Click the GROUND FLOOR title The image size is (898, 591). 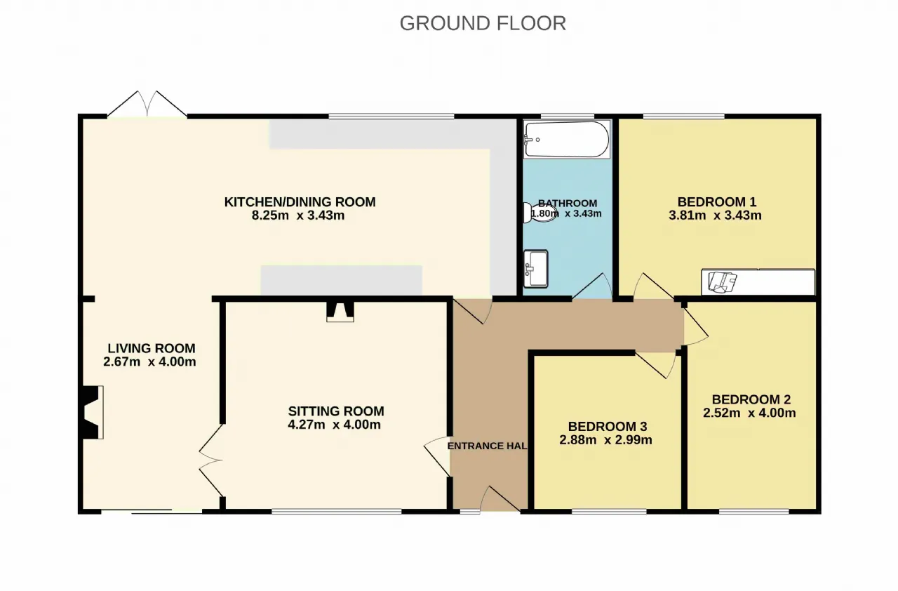coord(483,23)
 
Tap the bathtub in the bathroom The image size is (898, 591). coord(566,140)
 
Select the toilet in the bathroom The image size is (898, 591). coord(540,213)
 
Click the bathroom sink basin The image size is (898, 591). coord(535,269)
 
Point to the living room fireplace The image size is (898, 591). coord(93,412)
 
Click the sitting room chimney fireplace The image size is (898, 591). coord(340,312)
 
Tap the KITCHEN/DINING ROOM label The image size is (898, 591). coord(300,201)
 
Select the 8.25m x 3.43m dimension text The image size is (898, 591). coord(298,215)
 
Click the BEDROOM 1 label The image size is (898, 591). coord(717,201)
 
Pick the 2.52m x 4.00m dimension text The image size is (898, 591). coord(749,413)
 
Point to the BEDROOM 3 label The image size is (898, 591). coord(608,426)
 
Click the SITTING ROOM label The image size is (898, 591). coord(336,411)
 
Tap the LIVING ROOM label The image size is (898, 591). coord(152,348)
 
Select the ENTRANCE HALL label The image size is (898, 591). coord(487,446)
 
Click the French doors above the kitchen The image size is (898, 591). coord(147,105)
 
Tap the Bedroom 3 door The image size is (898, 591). coord(656,365)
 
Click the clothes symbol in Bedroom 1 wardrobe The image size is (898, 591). coord(723,282)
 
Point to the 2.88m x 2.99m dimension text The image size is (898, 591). coord(605,440)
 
